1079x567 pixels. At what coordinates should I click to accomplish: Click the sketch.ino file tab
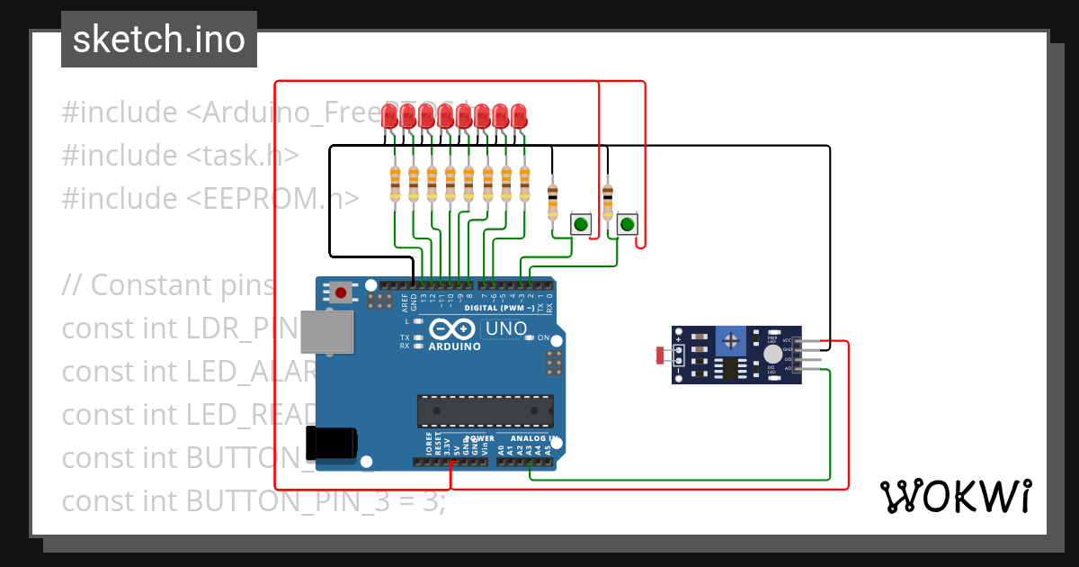click(158, 40)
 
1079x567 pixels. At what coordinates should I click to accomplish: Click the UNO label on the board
click(505, 329)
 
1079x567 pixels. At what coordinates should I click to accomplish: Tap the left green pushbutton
click(582, 224)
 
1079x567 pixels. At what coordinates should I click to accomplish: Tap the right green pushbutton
click(627, 224)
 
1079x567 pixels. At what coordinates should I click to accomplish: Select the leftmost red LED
click(389, 116)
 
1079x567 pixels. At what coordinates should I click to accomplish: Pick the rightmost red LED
click(519, 116)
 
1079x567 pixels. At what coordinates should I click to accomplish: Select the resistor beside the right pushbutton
click(608, 200)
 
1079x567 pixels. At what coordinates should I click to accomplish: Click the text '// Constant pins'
click(167, 285)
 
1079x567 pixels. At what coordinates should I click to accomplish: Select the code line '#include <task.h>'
click(180, 156)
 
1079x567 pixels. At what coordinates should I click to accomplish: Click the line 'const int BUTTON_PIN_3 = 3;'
click(253, 501)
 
